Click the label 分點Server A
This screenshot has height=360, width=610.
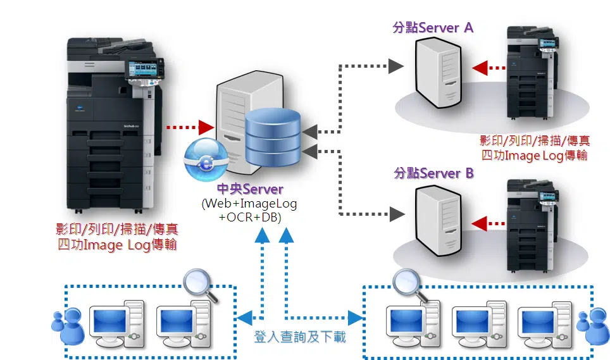(x=433, y=28)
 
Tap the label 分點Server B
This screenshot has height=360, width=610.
(x=433, y=173)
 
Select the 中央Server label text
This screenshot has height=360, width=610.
(x=251, y=189)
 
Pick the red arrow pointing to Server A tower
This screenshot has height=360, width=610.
(x=489, y=66)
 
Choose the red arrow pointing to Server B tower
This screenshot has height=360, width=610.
(x=489, y=222)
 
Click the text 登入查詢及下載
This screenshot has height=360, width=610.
(x=300, y=337)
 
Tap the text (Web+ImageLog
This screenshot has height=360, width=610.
(x=249, y=204)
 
